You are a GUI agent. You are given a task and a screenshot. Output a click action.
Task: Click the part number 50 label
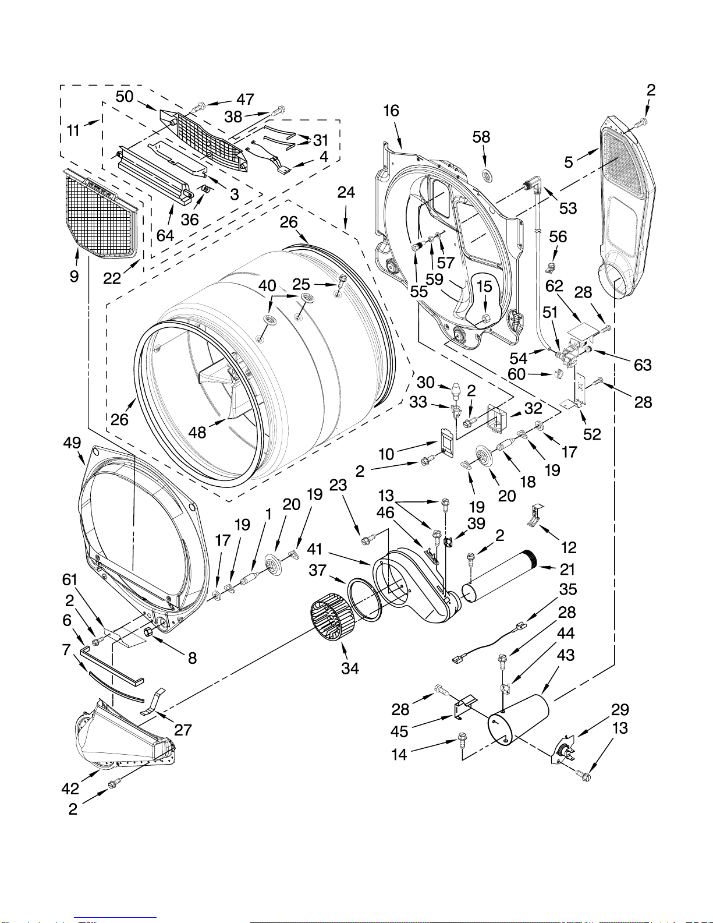point(125,97)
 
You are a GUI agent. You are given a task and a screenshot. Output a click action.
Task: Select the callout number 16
point(391,111)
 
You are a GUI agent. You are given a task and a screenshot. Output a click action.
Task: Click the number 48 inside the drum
point(197,433)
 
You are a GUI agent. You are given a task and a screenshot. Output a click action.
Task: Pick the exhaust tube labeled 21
point(499,575)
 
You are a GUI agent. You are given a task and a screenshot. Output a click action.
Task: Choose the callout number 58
point(481,137)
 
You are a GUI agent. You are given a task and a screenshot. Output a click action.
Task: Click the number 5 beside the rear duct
point(569,162)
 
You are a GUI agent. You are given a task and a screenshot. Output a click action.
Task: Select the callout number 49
point(72,443)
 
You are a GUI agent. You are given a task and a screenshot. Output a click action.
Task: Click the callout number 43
point(566,655)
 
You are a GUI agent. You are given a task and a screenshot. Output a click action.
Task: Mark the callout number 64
point(165,235)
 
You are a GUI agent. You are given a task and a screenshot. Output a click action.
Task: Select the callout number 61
point(70,580)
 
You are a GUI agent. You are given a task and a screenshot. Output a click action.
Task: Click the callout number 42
point(70,789)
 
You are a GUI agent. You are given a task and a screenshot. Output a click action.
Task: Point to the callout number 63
point(643,365)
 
